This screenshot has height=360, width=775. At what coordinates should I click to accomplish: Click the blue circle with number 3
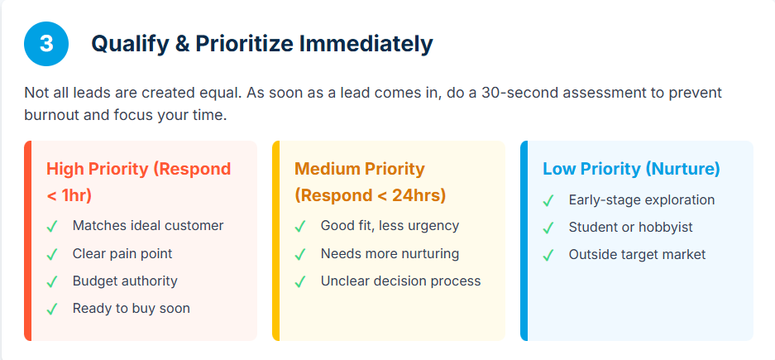click(46, 44)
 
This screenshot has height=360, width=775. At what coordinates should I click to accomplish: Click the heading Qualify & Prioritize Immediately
click(262, 44)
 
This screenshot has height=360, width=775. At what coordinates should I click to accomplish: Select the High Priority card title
click(138, 182)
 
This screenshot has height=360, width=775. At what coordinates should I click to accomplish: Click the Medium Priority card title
click(371, 182)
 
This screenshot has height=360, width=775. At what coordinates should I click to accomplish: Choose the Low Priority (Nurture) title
click(631, 169)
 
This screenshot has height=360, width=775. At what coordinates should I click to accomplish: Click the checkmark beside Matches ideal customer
click(52, 227)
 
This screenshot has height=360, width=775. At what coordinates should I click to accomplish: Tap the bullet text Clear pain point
click(122, 254)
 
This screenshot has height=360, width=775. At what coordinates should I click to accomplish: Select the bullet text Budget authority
click(125, 281)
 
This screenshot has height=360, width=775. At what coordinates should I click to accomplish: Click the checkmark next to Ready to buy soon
click(52, 309)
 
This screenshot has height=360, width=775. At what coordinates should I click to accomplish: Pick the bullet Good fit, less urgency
click(390, 225)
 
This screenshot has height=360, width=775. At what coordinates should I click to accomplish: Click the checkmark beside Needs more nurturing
click(300, 255)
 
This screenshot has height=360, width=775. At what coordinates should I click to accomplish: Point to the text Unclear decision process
click(401, 281)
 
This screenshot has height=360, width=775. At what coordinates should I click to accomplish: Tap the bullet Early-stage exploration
click(642, 199)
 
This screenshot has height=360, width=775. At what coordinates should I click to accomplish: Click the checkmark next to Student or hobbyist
click(548, 228)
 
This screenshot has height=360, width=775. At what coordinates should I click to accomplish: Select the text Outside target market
click(637, 254)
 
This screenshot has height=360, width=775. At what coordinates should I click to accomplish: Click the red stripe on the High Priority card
click(27, 241)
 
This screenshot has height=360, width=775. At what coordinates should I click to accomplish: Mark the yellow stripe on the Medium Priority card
click(275, 241)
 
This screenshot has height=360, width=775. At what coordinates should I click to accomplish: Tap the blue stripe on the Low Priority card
click(524, 241)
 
